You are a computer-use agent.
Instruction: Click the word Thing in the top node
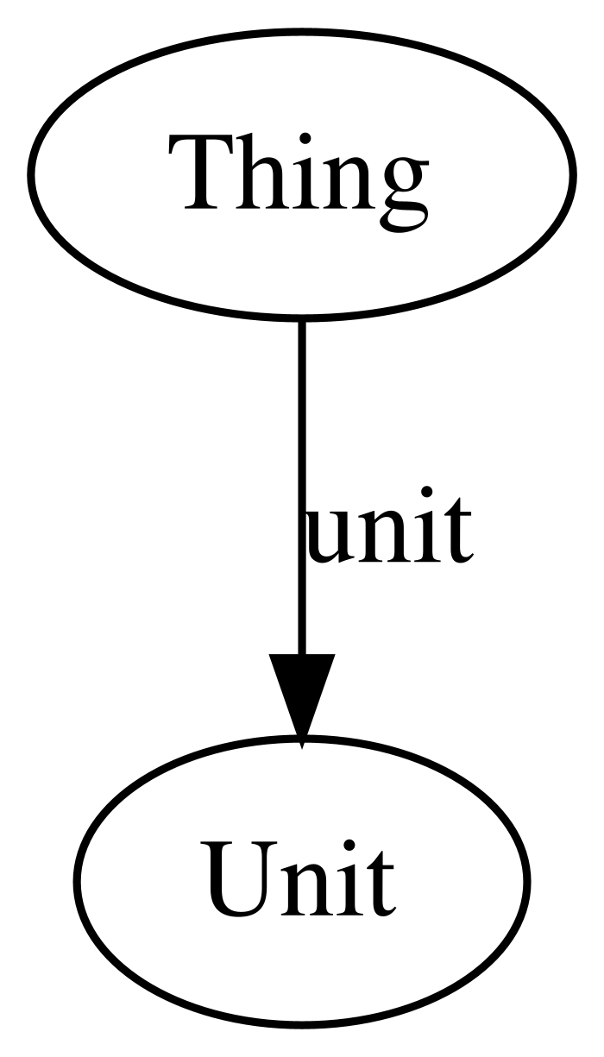tap(299, 183)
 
